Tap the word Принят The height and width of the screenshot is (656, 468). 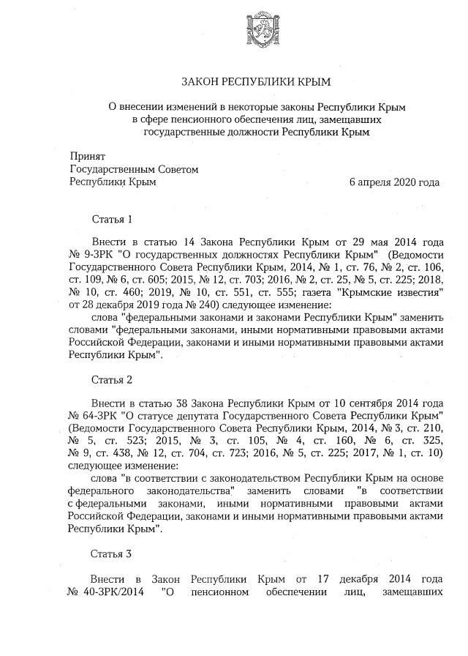click(86, 157)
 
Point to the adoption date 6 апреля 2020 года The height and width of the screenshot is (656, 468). click(394, 182)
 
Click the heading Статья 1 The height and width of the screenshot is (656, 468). click(112, 220)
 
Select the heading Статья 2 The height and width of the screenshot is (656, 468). click(112, 379)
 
